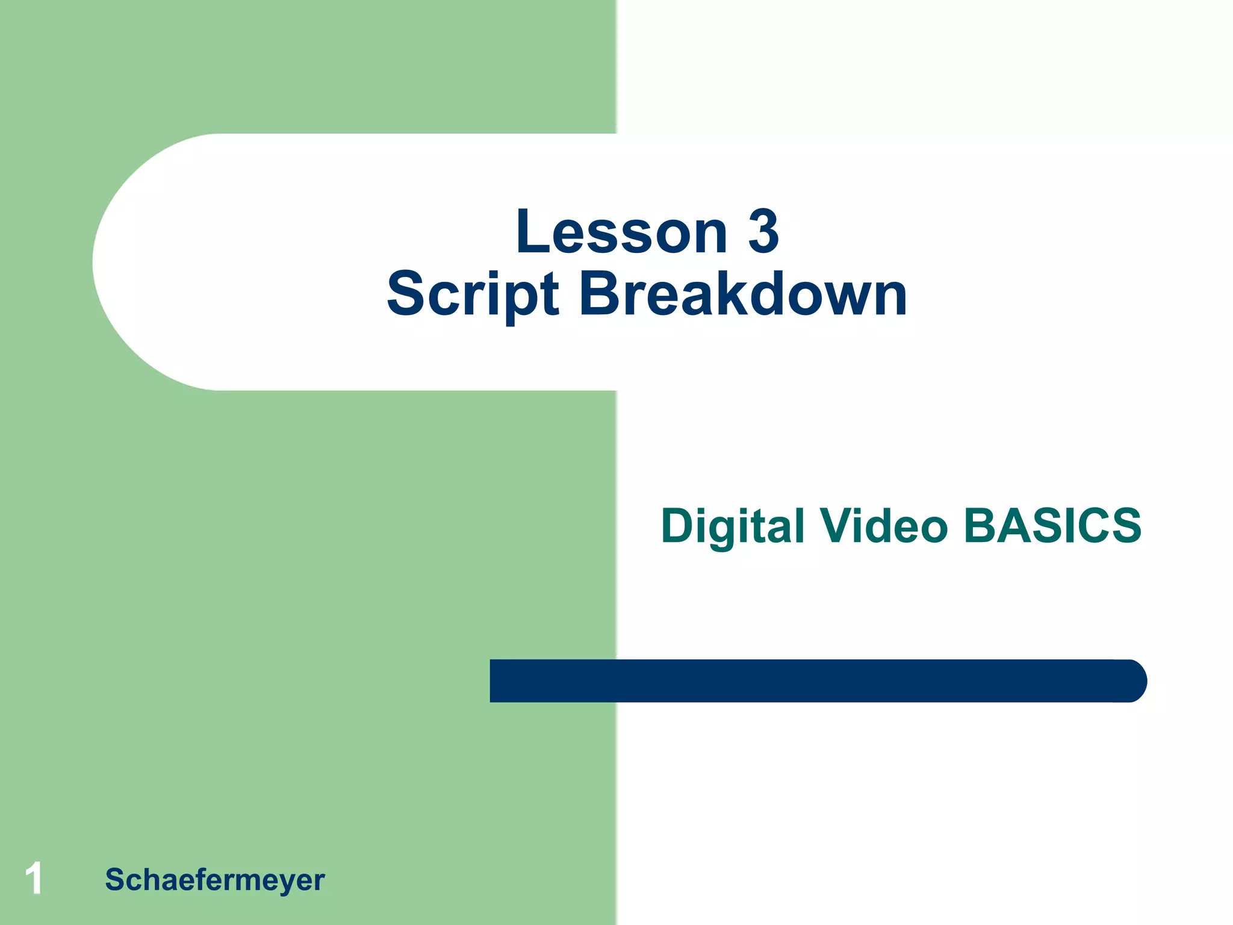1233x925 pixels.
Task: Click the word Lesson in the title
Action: click(621, 232)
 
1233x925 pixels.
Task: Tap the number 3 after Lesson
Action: click(763, 232)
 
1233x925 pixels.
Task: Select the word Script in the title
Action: click(473, 295)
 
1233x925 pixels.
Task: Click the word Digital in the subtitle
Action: click(732, 526)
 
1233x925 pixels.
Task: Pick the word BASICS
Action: click(1052, 526)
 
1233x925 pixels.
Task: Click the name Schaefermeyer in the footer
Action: click(214, 880)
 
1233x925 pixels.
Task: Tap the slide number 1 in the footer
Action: click(34, 878)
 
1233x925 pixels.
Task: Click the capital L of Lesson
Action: click(532, 232)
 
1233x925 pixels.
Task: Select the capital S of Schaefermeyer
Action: click(115, 879)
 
